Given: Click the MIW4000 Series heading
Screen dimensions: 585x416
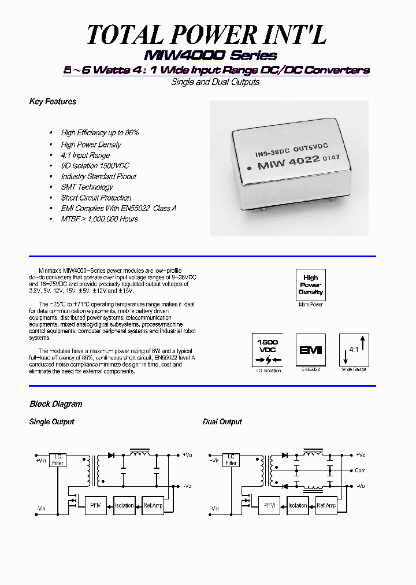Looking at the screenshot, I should point(210,55).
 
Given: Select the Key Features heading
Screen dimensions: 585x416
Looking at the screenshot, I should point(53,102).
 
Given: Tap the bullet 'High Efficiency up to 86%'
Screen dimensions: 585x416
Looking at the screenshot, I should point(99,133).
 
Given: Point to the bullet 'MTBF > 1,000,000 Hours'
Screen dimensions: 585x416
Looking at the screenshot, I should point(99,219).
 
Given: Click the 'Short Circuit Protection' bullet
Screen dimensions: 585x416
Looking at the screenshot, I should point(96,198).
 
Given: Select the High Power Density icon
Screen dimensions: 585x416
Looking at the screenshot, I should point(311,284).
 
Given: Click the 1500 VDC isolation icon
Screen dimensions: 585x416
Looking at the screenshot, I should point(267,350).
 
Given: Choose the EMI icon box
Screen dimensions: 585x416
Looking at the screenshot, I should point(310,350).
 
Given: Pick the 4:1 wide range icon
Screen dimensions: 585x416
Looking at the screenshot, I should point(354,350).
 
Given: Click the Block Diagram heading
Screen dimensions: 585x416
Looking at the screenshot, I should point(56,404).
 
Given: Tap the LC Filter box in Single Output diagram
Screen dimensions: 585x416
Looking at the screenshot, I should point(58,460).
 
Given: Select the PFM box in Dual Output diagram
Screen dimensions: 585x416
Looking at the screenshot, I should point(269,505).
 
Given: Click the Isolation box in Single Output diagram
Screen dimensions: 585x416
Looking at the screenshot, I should point(124,505).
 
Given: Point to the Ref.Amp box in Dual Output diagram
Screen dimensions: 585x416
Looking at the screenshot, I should point(326,505).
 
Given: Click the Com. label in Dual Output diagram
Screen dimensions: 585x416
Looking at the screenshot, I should point(361,471).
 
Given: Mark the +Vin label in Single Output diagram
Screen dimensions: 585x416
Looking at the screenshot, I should point(41,460).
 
